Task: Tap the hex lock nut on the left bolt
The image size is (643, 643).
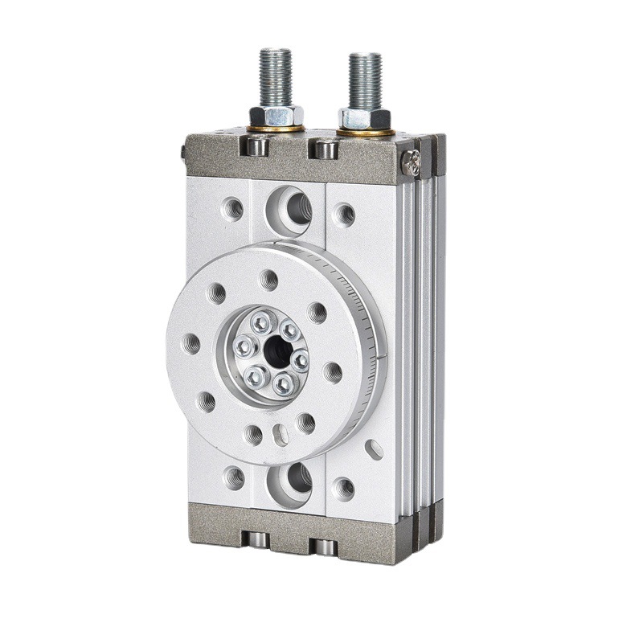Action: click(x=276, y=115)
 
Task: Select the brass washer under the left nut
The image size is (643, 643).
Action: click(x=276, y=128)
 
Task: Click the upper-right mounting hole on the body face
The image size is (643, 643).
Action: click(x=345, y=213)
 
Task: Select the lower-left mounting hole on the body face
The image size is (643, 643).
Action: click(x=234, y=477)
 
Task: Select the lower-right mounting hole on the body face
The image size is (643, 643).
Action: click(x=344, y=487)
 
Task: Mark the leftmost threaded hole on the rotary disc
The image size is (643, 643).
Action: click(x=193, y=343)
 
